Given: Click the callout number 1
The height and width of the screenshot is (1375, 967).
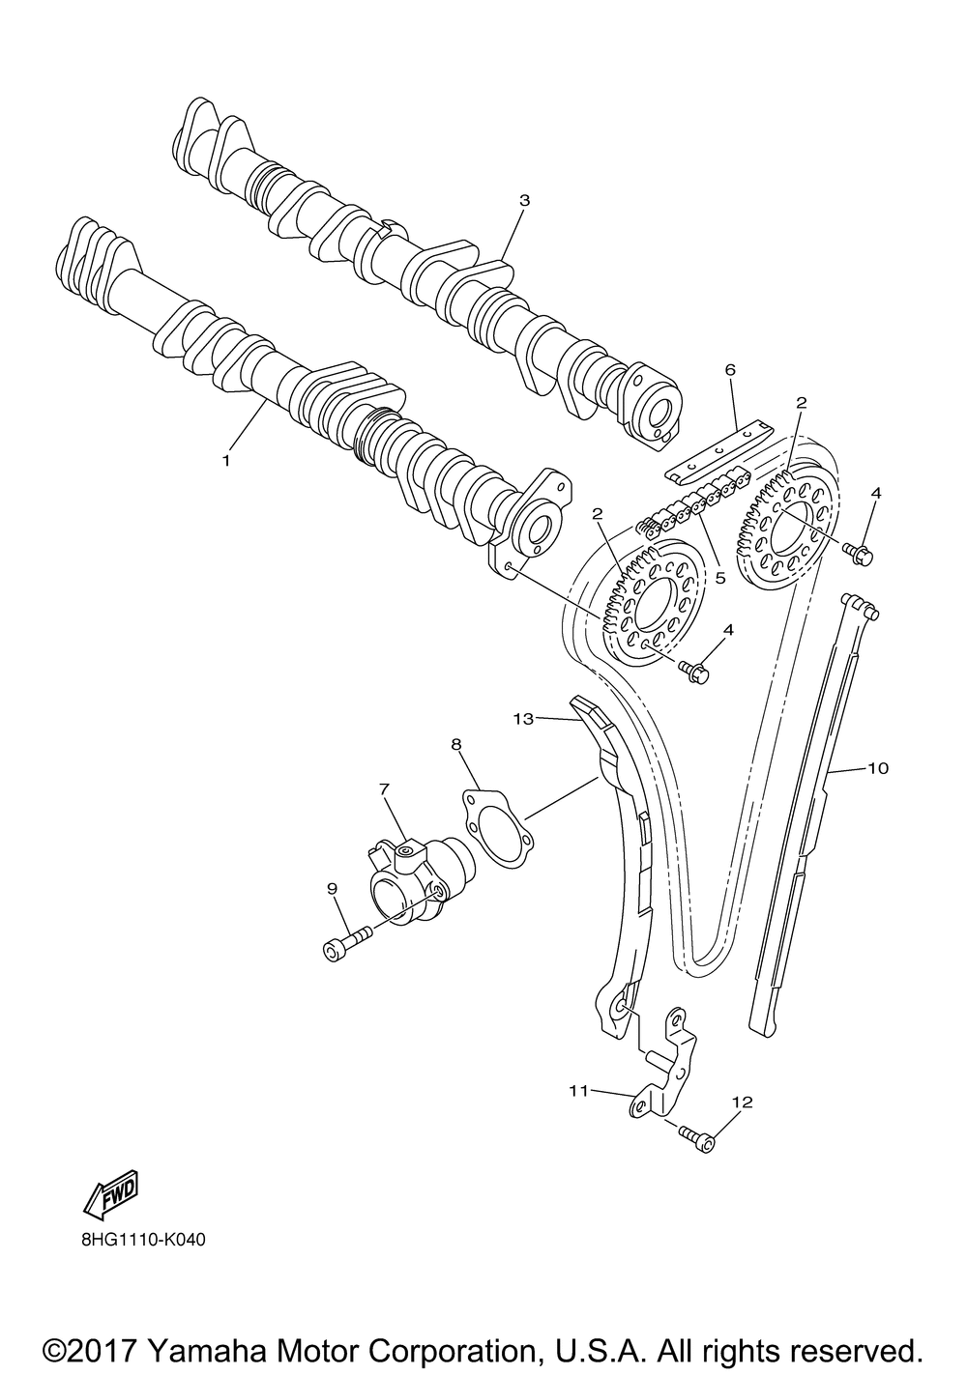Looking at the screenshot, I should pos(226,461).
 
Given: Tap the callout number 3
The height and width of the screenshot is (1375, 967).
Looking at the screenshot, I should pos(524,201).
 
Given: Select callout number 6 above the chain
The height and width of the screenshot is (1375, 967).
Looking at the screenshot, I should pos(730,370).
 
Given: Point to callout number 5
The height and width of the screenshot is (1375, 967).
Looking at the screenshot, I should pos(719,578).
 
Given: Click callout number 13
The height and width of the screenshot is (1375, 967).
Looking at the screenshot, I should pos(524,719).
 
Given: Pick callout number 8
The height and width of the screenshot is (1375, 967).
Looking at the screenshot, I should pos(456,743).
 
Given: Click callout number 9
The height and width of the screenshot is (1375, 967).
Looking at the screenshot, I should pos(332,888).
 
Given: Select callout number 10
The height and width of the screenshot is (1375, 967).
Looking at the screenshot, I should pos(877,769).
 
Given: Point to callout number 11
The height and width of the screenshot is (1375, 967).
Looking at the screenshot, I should pos(579,1090).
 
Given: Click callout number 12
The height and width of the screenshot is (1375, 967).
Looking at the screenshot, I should pos(742,1101).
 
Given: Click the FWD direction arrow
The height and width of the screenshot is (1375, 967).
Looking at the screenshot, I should pos(112,1191).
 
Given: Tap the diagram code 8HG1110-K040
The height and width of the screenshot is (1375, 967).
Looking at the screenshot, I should pos(137,1240).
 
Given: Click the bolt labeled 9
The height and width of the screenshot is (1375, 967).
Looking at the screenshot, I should pos(345,942).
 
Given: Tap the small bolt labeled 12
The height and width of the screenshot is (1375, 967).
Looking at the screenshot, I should pos(698,1138).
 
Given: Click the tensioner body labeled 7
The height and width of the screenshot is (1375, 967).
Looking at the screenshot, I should pos(411,874).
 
